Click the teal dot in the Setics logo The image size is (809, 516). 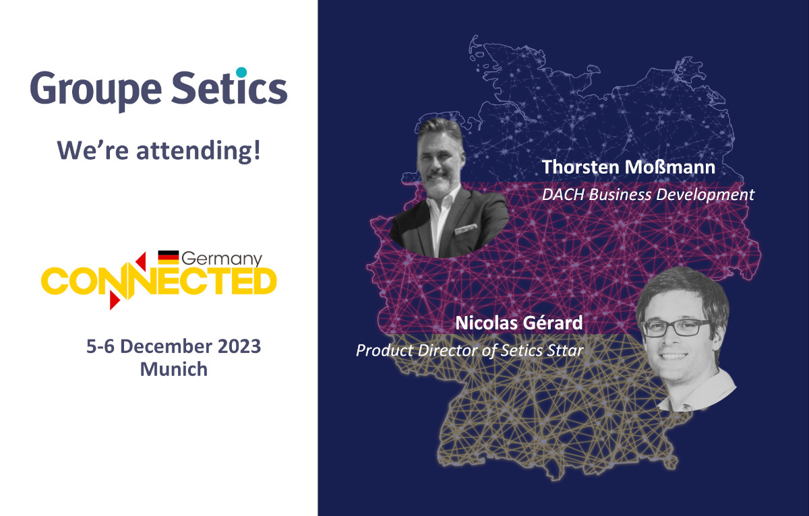(241, 72)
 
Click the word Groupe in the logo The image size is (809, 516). (96, 90)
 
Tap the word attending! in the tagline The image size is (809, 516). (198, 150)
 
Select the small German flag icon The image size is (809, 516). (169, 257)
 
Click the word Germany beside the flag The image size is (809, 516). (222, 259)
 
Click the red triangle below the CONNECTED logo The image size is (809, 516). (115, 300)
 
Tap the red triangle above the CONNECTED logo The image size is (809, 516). (141, 261)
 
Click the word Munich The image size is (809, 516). (174, 370)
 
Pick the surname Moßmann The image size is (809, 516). (669, 168)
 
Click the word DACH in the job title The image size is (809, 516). (563, 195)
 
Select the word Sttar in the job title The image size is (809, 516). (565, 350)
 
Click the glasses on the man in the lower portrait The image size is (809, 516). (676, 327)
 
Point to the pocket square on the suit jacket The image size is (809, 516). (466, 229)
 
